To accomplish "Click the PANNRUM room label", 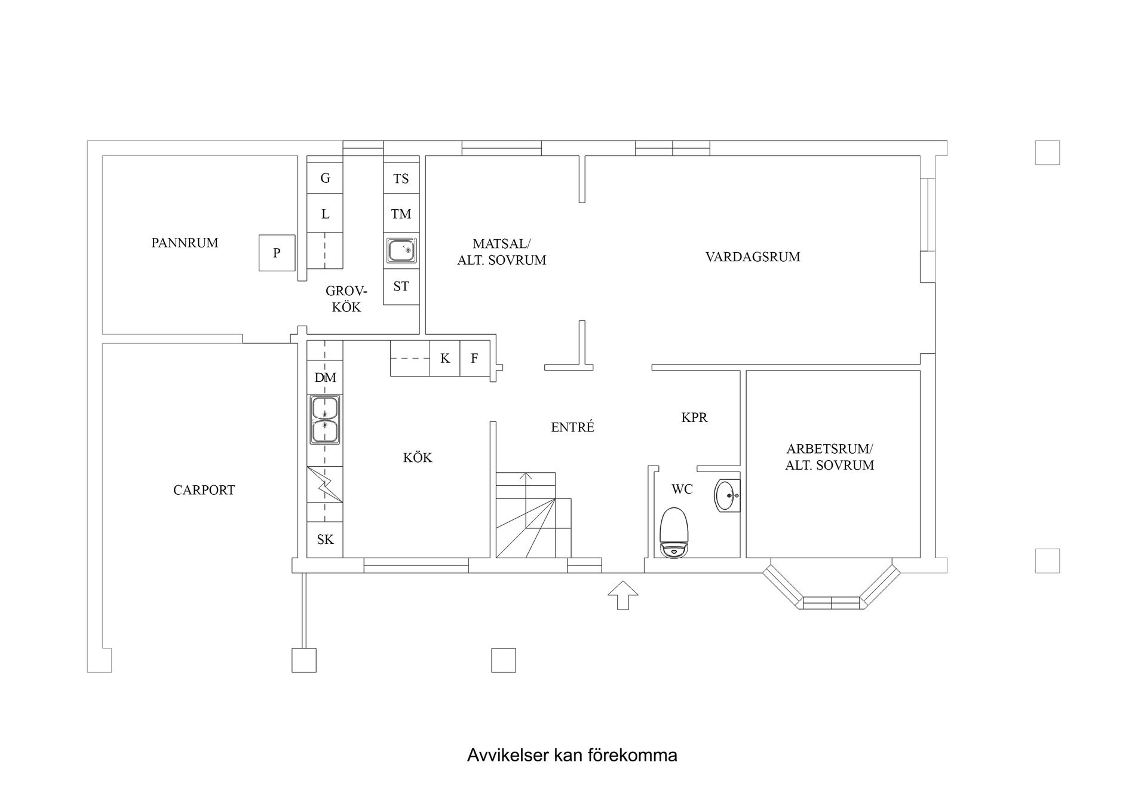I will [x=185, y=243].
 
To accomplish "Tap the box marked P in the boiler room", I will [x=277, y=253].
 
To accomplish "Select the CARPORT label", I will [x=204, y=490].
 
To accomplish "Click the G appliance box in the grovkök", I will [x=325, y=178].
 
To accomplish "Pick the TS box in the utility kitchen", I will [x=401, y=178].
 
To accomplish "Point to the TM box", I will [x=401, y=214].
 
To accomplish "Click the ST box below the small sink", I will [x=401, y=287].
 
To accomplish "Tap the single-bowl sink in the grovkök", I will [x=401, y=250].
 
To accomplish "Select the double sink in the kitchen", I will [x=325, y=420].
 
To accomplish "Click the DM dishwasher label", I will [x=325, y=378].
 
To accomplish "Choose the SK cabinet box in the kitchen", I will [x=325, y=540].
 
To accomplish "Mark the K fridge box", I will [x=444, y=359].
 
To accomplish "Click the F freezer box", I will [x=474, y=359].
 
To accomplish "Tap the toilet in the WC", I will [x=674, y=532].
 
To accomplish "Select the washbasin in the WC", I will [x=727, y=495].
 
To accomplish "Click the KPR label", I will [x=694, y=418].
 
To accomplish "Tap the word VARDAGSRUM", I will [x=752, y=257].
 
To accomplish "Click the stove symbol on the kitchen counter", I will [x=325, y=485].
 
